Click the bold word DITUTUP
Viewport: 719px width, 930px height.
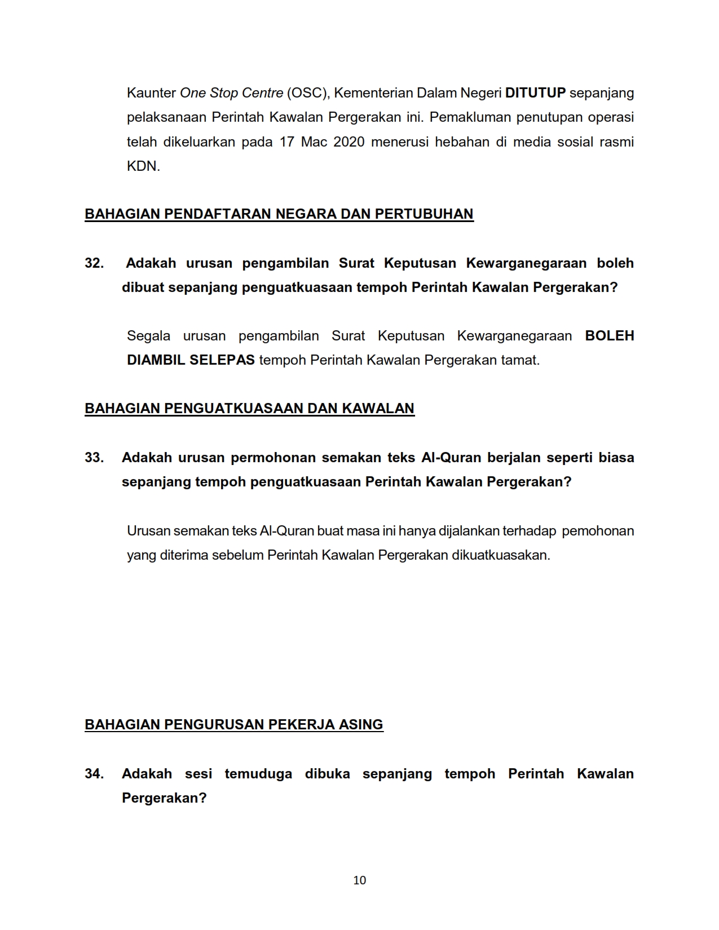(535, 93)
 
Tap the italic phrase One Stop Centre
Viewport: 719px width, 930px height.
(231, 93)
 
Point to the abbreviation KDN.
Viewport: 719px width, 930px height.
(143, 166)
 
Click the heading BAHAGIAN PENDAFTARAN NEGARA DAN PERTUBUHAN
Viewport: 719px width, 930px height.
(279, 214)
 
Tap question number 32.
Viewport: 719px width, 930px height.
(94, 263)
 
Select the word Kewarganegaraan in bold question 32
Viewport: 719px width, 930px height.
(526, 263)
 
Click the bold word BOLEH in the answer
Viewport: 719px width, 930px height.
(610, 336)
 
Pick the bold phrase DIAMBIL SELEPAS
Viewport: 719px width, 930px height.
(191, 360)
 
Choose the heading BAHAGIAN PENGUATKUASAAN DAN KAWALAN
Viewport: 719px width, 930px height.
(249, 409)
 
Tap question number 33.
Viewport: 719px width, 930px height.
(94, 458)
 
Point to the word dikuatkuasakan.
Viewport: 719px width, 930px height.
(501, 555)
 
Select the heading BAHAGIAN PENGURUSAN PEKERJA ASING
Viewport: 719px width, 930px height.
(234, 725)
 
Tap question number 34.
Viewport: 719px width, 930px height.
(94, 774)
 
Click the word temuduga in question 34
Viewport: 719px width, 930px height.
(258, 774)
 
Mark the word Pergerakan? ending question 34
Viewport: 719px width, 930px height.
(164, 798)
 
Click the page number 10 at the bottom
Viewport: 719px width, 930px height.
(359, 880)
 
